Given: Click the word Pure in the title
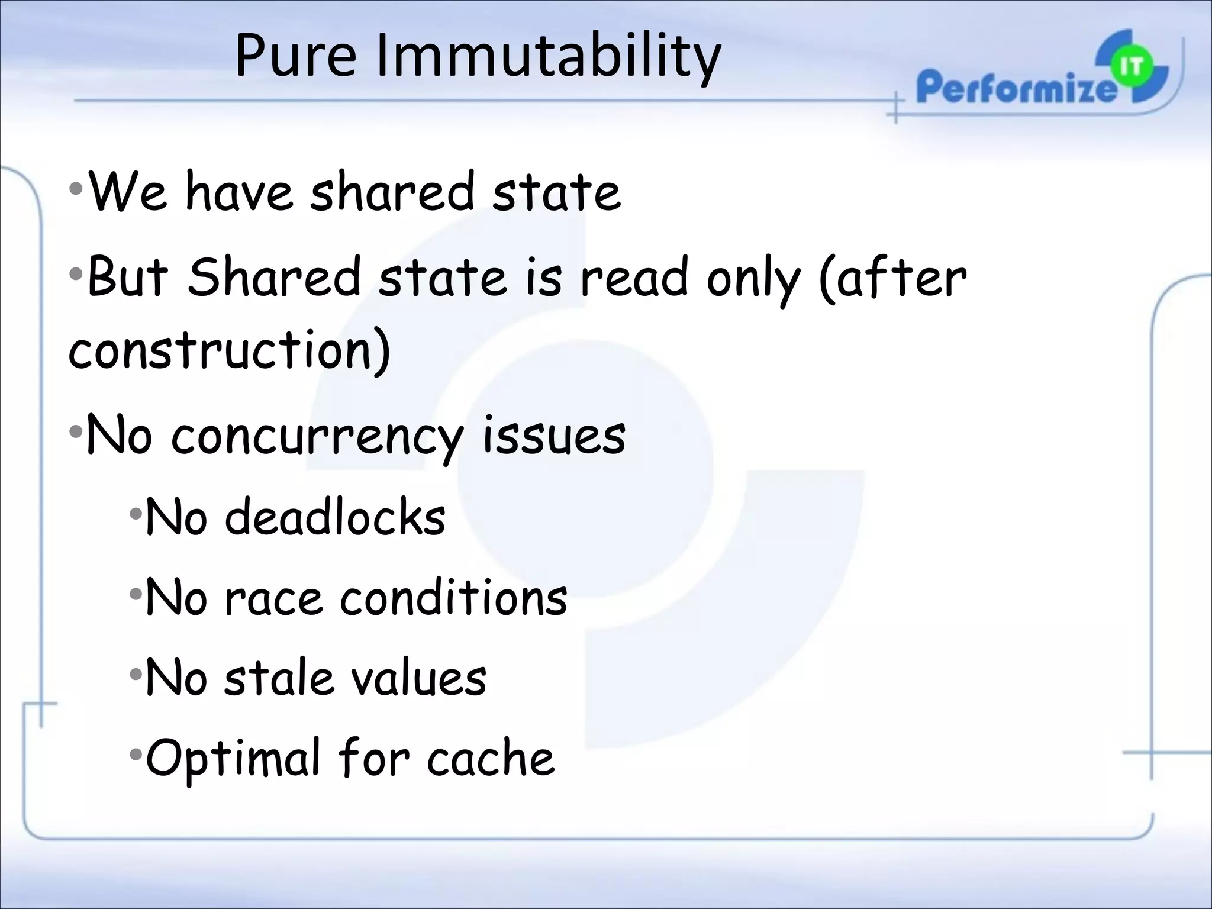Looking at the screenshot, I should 295,56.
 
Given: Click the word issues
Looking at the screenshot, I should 554,436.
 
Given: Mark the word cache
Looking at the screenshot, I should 491,759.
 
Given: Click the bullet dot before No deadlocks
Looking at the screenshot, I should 136,513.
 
